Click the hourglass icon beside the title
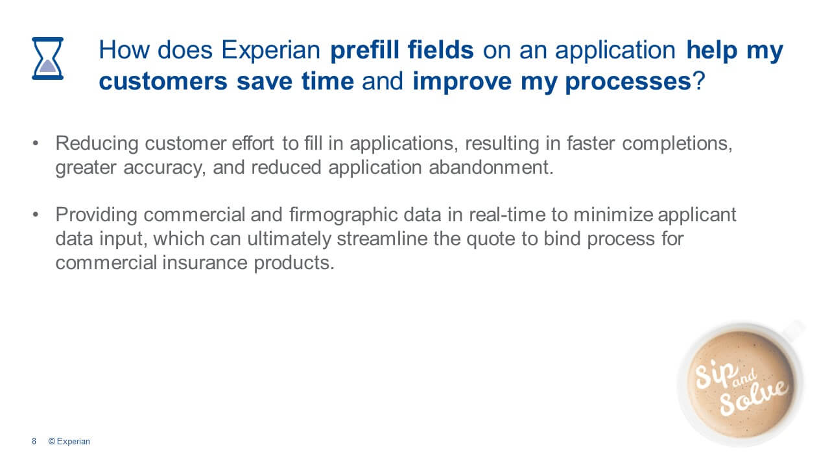pos(47,58)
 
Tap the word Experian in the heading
pos(270,51)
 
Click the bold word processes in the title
pos(628,82)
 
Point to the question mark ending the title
pos(698,81)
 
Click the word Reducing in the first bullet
pos(97,144)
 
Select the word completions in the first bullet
pos(677,144)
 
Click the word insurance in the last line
pos(204,263)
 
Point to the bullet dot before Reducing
pos(36,143)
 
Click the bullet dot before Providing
pos(36,215)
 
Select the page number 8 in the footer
pos(34,442)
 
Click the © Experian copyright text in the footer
pos(69,442)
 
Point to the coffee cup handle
pos(794,330)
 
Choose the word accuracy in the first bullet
pos(164,168)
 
